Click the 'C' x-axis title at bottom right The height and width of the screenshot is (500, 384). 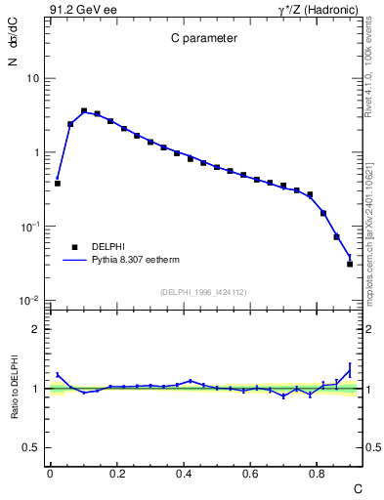click(x=357, y=487)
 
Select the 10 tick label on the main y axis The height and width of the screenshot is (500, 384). click(x=33, y=78)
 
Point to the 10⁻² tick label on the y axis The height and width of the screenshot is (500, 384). click(x=30, y=300)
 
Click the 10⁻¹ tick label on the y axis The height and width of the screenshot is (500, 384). click(x=30, y=226)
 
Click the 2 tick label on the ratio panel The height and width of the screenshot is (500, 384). click(x=38, y=329)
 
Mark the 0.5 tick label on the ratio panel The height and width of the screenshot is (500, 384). click(x=34, y=447)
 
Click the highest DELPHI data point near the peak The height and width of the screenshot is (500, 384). click(x=84, y=111)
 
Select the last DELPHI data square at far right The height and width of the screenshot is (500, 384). click(x=350, y=264)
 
